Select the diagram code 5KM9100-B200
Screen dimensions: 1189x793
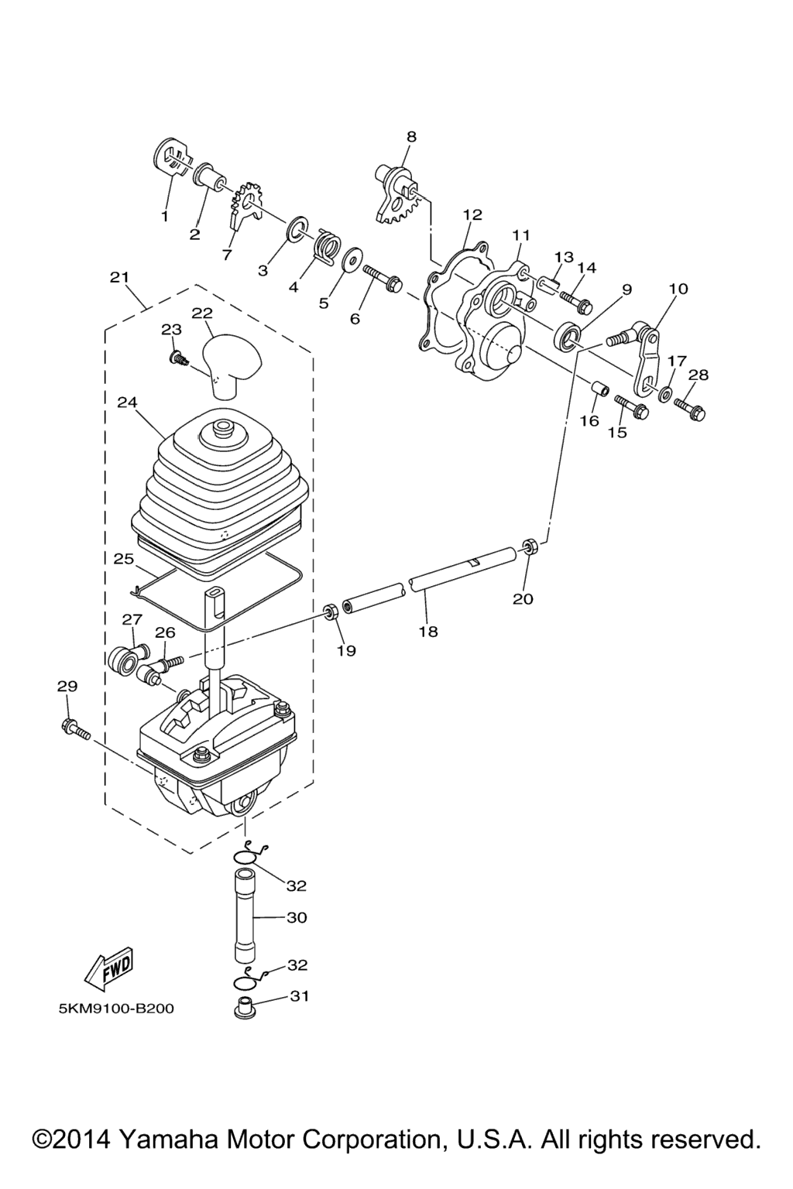tap(116, 1009)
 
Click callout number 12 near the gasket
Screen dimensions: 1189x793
tap(472, 214)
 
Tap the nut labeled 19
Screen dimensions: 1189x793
tap(331, 614)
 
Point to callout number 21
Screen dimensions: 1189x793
tap(119, 277)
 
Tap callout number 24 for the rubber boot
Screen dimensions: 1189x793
tap(127, 403)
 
